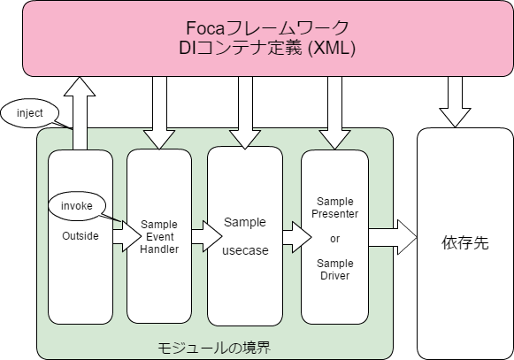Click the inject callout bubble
(x=30, y=112)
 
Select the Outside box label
(x=81, y=237)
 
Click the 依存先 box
(x=464, y=242)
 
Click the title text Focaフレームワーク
(x=266, y=27)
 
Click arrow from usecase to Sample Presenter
(x=292, y=236)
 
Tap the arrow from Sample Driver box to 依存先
(x=392, y=235)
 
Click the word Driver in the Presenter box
(x=334, y=275)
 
